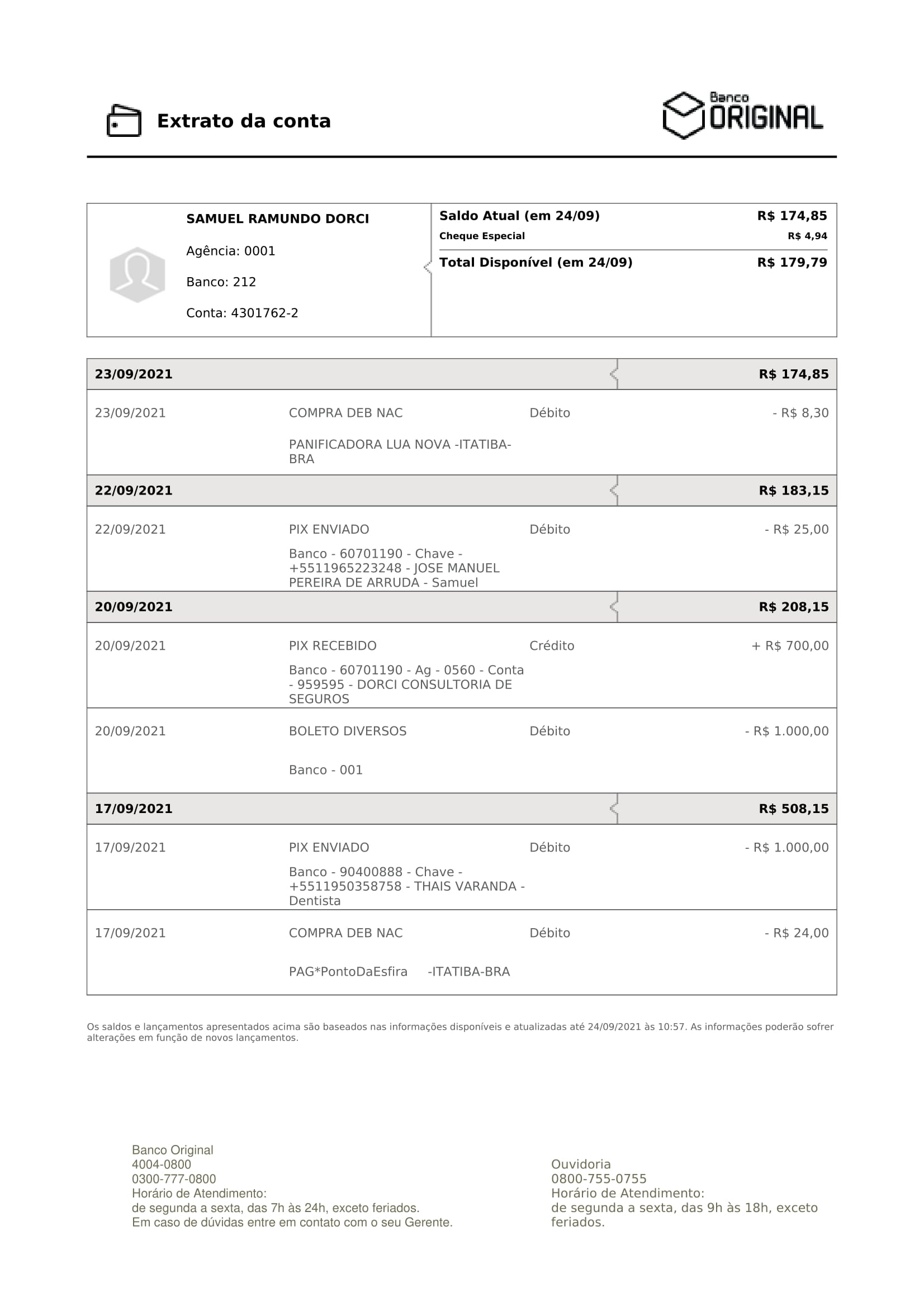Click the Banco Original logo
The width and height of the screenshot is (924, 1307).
tap(742, 116)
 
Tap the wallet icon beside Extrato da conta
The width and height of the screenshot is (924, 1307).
tap(124, 121)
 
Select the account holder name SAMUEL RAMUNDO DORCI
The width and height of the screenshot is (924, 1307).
tap(277, 219)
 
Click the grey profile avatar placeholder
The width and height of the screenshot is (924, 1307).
tap(137, 275)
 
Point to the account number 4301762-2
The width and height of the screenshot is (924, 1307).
tap(264, 313)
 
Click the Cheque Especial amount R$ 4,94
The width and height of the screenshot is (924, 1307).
tap(807, 236)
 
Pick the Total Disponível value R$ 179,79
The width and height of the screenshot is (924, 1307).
tap(792, 263)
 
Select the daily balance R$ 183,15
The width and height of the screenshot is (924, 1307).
tap(793, 491)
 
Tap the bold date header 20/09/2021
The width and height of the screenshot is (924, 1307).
tap(133, 607)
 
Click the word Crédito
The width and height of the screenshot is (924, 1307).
tap(551, 646)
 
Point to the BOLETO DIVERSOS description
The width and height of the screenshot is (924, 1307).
tap(347, 731)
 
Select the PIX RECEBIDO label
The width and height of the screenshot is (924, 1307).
tap(333, 646)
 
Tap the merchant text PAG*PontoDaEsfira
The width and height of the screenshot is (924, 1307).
tap(348, 972)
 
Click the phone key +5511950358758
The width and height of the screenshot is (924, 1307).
tap(345, 886)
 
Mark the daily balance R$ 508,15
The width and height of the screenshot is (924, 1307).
tap(793, 809)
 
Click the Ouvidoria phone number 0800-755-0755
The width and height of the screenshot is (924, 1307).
tap(598, 1178)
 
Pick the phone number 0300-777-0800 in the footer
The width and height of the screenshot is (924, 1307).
tap(174, 1179)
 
